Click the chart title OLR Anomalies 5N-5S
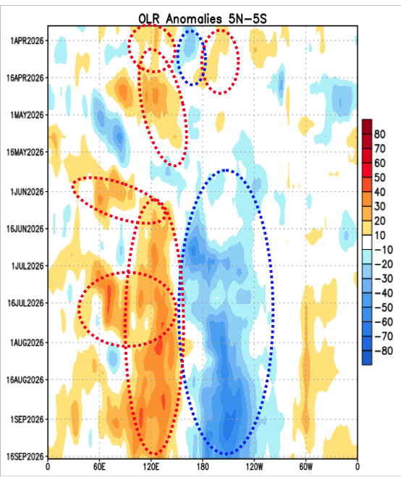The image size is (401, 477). click(203, 19)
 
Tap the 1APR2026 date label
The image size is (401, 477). click(27, 41)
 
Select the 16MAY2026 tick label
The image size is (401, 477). click(25, 152)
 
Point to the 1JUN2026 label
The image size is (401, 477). click(27, 192)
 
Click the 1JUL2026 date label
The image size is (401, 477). click(28, 266)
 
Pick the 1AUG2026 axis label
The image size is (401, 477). click(27, 343)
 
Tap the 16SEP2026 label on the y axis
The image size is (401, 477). click(25, 457)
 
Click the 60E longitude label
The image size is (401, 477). click(99, 467)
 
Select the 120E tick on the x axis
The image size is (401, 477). click(151, 467)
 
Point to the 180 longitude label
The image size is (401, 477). click(203, 467)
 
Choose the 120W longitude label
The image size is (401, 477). click(254, 467)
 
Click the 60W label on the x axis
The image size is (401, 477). click(305, 467)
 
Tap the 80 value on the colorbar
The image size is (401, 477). click(380, 134)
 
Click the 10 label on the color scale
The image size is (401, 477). click(380, 235)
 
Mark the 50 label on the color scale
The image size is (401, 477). click(380, 177)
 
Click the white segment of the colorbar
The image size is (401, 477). click(367, 242)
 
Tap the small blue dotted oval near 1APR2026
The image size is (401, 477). click(177, 58)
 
